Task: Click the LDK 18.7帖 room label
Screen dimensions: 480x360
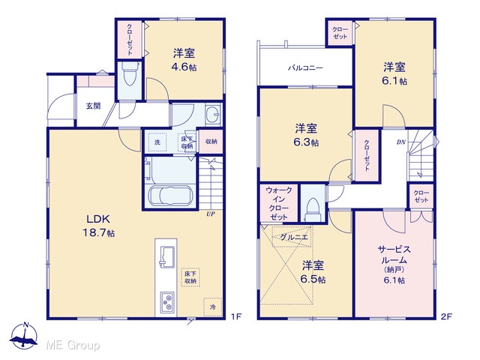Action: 98,226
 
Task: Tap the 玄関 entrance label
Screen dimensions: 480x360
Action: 93,106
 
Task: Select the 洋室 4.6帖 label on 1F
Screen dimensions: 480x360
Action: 184,60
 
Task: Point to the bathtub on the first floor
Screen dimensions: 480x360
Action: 170,196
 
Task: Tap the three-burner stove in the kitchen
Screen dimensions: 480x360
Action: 167,302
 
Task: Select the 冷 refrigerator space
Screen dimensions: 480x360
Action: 213,307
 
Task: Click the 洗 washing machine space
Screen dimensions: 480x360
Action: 157,142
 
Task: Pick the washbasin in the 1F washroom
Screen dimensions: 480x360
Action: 213,115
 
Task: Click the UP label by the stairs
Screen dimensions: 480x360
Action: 211,214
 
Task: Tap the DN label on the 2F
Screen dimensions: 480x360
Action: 401,142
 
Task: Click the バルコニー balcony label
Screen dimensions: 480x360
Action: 305,68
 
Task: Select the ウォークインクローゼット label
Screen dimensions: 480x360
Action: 278,203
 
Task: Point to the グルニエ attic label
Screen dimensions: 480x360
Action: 293,237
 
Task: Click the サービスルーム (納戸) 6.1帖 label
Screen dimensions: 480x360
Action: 394,264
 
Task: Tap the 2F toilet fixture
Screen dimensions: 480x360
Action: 313,210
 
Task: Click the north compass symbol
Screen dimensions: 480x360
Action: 24,335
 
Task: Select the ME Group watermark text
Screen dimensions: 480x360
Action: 73,346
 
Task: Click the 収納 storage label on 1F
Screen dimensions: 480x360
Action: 211,142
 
